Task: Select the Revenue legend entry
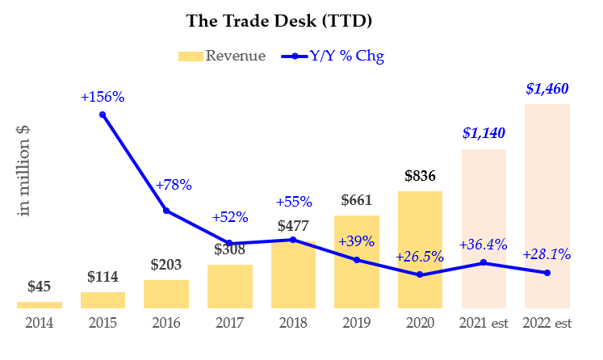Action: [x=221, y=57]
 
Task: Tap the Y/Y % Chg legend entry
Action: [x=333, y=57]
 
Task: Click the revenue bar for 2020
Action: [x=420, y=249]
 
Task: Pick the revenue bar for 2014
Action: [x=40, y=304]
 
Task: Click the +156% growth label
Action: [x=103, y=97]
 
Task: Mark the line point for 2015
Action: [x=103, y=115]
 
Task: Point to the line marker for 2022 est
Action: [x=547, y=273]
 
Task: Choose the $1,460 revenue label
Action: [x=547, y=90]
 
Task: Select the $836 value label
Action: [x=420, y=176]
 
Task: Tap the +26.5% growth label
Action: [x=420, y=257]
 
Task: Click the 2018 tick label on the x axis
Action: [x=293, y=323]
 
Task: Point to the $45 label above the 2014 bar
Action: [x=40, y=287]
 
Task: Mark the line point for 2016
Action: [x=166, y=211]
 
